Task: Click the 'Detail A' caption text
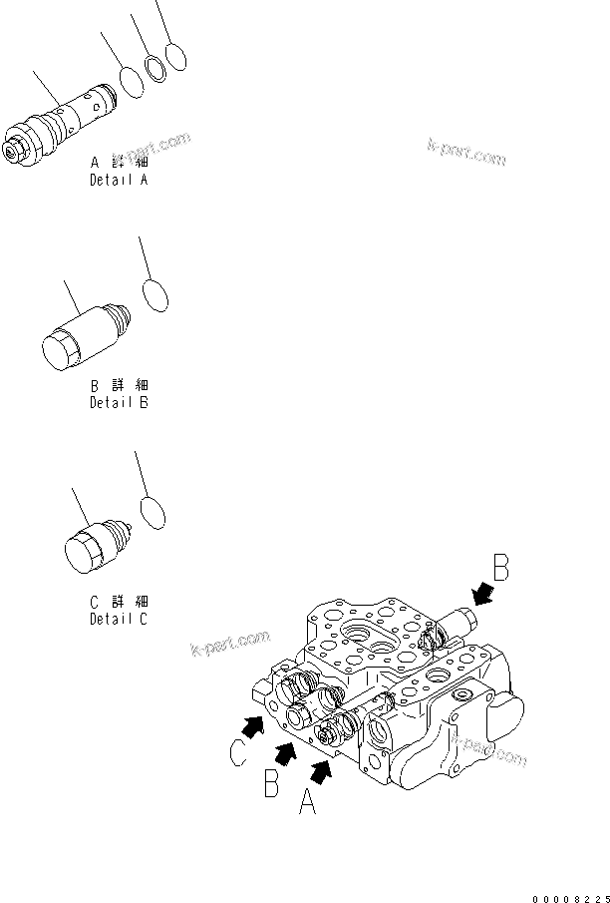[x=119, y=181]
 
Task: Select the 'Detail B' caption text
[x=119, y=403]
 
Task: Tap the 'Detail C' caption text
[x=119, y=619]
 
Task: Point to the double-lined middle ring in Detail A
[x=155, y=69]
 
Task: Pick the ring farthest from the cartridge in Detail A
[x=176, y=56]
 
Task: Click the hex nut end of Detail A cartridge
[x=18, y=144]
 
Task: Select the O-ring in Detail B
[x=155, y=295]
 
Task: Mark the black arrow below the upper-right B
[x=485, y=596]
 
